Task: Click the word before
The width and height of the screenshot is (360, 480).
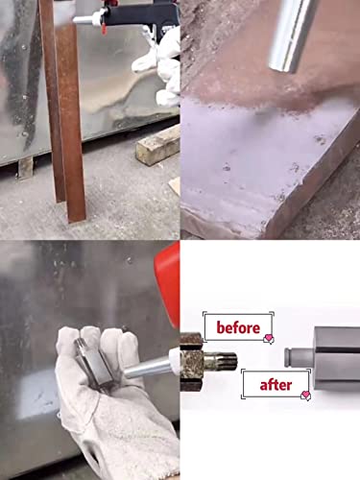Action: (237, 327)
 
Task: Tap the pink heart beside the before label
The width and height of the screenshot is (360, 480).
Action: (271, 339)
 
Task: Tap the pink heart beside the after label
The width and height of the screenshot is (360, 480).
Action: (306, 395)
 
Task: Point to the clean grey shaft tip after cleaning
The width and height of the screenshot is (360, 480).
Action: (299, 350)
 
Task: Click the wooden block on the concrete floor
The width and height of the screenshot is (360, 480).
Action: (158, 144)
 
